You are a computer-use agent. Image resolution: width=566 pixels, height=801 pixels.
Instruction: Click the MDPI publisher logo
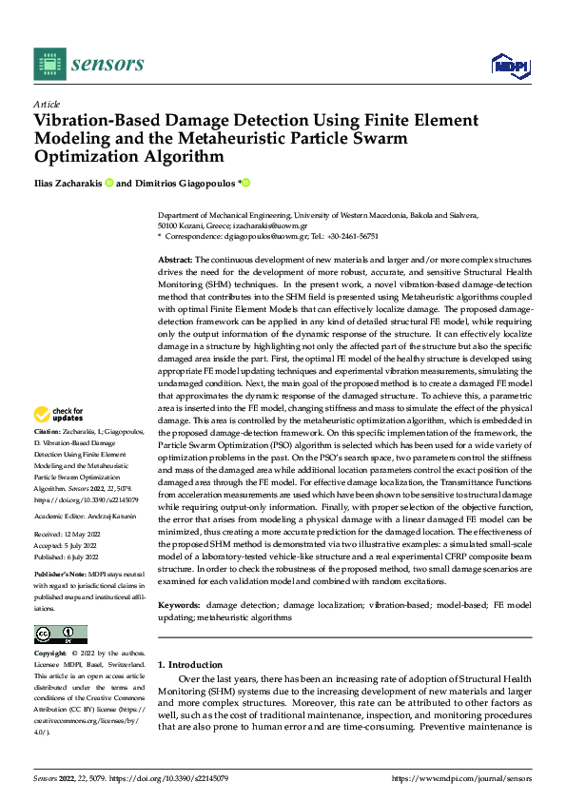(x=509, y=65)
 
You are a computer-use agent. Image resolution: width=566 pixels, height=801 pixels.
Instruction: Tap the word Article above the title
(x=47, y=104)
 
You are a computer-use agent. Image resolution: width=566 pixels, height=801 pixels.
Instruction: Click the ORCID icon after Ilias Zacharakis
(x=109, y=183)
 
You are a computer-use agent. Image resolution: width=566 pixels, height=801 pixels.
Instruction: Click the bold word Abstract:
(x=175, y=259)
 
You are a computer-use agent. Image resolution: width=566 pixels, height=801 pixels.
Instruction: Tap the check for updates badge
(x=59, y=414)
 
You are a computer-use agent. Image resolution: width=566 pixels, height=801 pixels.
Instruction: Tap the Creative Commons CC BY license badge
(x=60, y=634)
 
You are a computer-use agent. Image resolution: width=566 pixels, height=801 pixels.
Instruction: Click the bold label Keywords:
(x=179, y=604)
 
